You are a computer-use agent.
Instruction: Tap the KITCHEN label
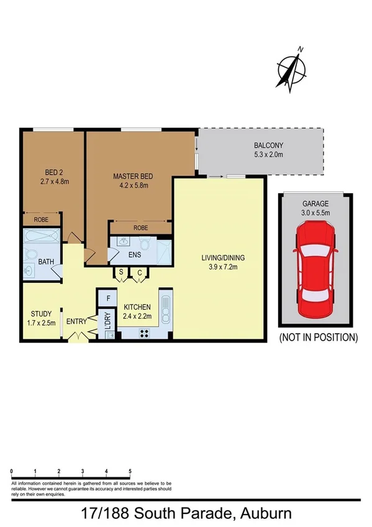coord(137,308)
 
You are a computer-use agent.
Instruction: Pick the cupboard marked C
coord(140,272)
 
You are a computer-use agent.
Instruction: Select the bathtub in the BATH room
coord(42,237)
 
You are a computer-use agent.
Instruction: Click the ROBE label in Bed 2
coord(42,220)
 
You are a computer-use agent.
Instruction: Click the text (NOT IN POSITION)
coord(318,338)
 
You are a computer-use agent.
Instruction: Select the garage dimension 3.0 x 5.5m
coord(315,213)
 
